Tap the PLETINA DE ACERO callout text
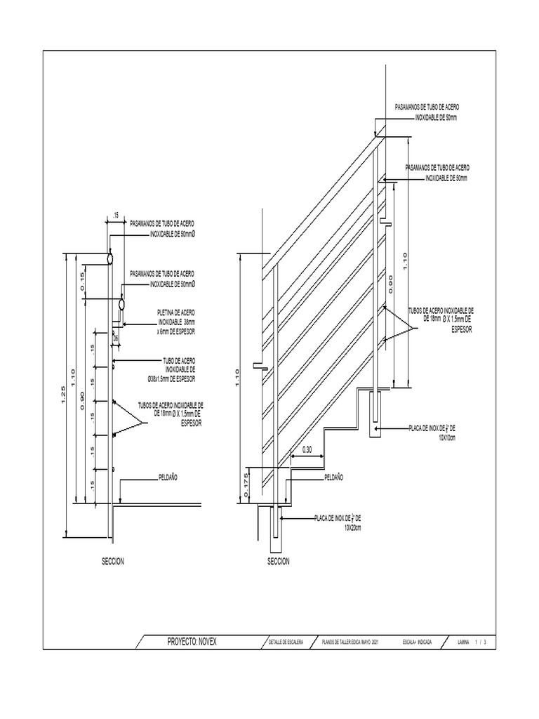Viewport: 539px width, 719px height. (x=175, y=311)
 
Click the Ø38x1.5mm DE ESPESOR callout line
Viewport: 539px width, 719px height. (x=171, y=379)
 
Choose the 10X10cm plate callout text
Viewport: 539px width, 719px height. (x=447, y=437)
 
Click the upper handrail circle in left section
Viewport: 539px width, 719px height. (x=110, y=258)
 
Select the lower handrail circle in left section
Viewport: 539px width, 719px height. (x=121, y=305)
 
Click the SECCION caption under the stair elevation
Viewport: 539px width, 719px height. (x=278, y=562)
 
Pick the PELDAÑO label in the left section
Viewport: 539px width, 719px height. (x=168, y=477)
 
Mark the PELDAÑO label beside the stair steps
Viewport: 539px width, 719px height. (x=334, y=477)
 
